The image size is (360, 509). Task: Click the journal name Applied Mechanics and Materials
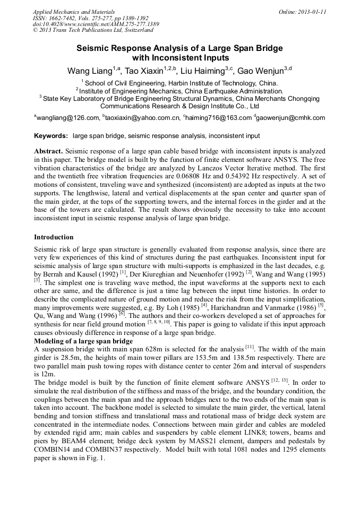tap(73, 11)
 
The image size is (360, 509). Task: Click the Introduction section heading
tap(54, 237)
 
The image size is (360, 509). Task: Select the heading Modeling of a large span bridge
tap(83, 340)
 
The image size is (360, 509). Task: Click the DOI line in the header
tap(96, 24)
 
